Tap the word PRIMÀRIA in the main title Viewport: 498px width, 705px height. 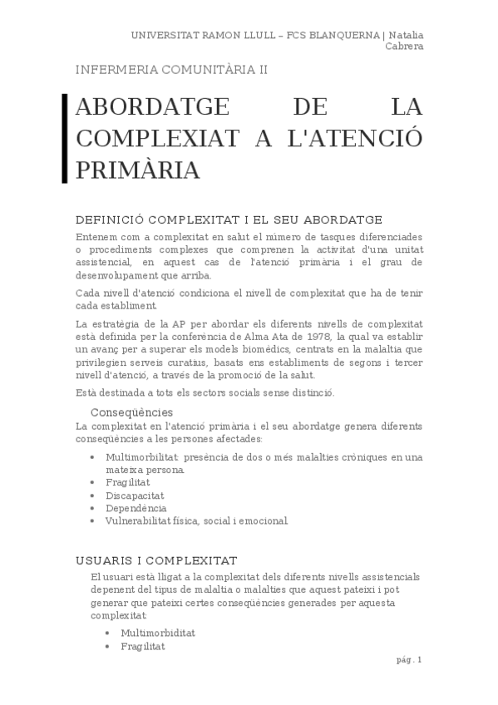pyautogui.click(x=138, y=170)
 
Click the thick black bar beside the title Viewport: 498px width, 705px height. pyautogui.click(x=65, y=138)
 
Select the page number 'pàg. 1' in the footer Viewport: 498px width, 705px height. pyautogui.click(x=409, y=659)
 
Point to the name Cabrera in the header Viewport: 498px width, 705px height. pyautogui.click(x=404, y=46)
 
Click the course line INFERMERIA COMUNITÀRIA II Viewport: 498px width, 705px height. pyautogui.click(x=171, y=70)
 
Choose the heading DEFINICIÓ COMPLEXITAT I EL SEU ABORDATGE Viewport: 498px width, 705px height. pyautogui.click(x=229, y=219)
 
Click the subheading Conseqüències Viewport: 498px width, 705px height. pyautogui.click(x=131, y=412)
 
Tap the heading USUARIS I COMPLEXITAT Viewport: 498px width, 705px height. pyautogui.click(x=156, y=560)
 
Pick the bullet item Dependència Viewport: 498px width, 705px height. pyautogui.click(x=136, y=508)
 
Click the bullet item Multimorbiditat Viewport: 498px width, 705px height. pyautogui.click(x=158, y=633)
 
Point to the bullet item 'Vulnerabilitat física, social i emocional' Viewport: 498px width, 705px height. pyautogui.click(x=197, y=521)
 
